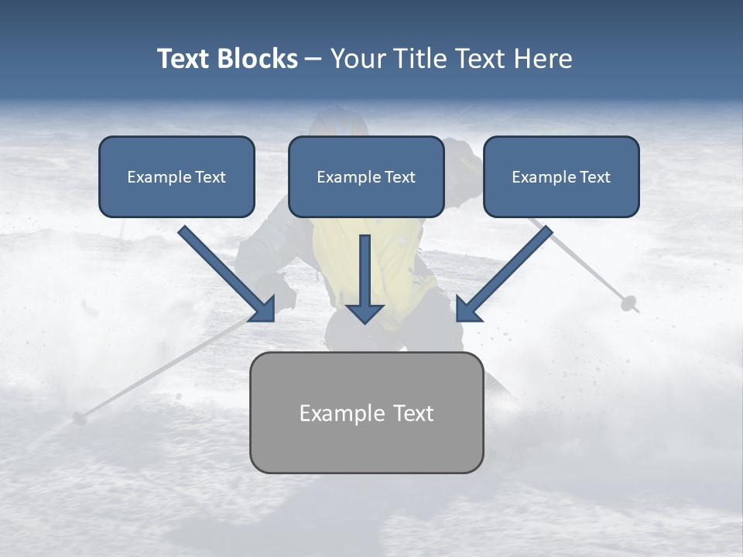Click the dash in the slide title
pyautogui.click(x=313, y=60)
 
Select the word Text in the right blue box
pyautogui.click(x=595, y=177)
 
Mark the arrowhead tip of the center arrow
pyautogui.click(x=365, y=322)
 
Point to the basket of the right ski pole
pyautogui.click(x=628, y=302)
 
